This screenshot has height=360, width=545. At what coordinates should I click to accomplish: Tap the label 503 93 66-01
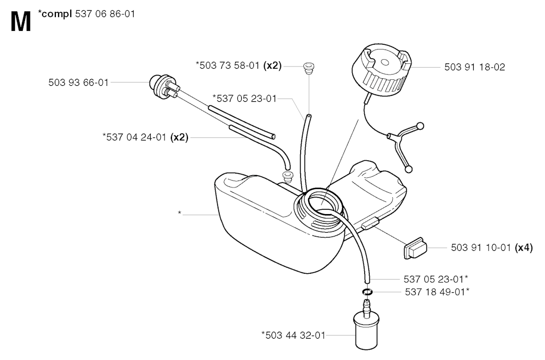pos(78,83)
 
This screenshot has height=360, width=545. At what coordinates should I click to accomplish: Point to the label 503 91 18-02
pos(474,67)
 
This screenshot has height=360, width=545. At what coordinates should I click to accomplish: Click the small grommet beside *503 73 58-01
pos(308,67)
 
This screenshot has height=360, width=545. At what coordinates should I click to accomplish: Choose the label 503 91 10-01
pos(481,248)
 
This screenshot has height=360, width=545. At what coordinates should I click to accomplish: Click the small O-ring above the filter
pos(367,291)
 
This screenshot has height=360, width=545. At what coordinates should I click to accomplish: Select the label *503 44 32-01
pos(293,335)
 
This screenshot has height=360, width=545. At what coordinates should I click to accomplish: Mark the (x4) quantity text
pos(524,248)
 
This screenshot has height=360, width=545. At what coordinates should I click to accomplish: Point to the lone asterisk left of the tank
pos(179,214)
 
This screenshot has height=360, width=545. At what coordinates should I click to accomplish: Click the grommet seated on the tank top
pos(287,176)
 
